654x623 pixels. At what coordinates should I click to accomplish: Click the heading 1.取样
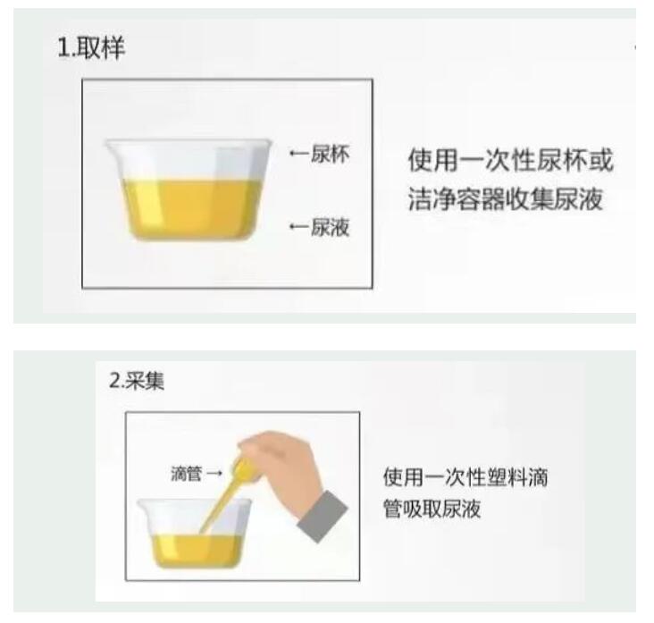tap(91, 49)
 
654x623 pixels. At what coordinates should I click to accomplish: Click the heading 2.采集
tap(137, 380)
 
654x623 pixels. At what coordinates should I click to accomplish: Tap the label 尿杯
tap(330, 155)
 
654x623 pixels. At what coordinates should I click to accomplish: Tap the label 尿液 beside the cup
tap(330, 228)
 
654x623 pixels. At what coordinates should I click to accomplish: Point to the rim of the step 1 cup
tap(188, 143)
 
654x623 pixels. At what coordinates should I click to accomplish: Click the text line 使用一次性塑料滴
tap(465, 477)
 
